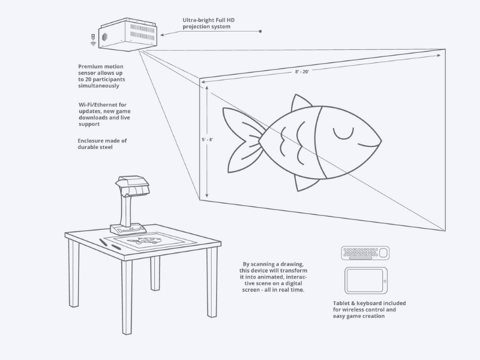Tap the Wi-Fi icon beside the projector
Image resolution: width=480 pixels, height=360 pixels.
[x=93, y=43]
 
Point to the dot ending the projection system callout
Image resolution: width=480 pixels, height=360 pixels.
[x=260, y=31]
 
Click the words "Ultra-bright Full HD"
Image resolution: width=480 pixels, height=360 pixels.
[x=207, y=20]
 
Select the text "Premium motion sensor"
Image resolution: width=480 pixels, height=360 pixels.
[x=100, y=70]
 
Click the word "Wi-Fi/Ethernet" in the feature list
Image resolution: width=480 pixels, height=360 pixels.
[x=98, y=104]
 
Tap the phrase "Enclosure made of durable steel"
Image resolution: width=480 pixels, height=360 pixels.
[x=102, y=143]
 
